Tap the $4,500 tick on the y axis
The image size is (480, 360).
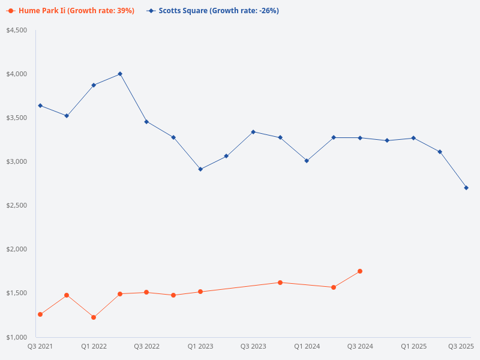click(17, 30)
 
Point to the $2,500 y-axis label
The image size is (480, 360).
click(17, 205)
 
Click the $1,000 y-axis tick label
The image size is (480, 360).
click(17, 337)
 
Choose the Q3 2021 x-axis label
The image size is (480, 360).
click(40, 346)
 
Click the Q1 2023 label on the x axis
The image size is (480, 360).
click(200, 346)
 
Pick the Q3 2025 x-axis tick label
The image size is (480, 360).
click(461, 346)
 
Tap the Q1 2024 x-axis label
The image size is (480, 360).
click(307, 346)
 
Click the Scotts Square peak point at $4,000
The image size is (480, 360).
click(120, 74)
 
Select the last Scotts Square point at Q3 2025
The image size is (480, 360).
click(466, 188)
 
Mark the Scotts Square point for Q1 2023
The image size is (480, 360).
click(200, 169)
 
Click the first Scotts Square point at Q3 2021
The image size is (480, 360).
click(40, 106)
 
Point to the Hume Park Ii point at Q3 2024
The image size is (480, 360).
click(360, 271)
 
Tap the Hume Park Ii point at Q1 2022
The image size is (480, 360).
click(94, 317)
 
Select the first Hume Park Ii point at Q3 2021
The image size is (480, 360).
click(40, 314)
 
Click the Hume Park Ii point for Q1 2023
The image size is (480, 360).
click(200, 292)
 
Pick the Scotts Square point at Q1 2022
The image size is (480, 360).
click(94, 85)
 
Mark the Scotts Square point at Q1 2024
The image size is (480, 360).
click(307, 161)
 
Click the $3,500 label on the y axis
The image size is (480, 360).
click(17, 118)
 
